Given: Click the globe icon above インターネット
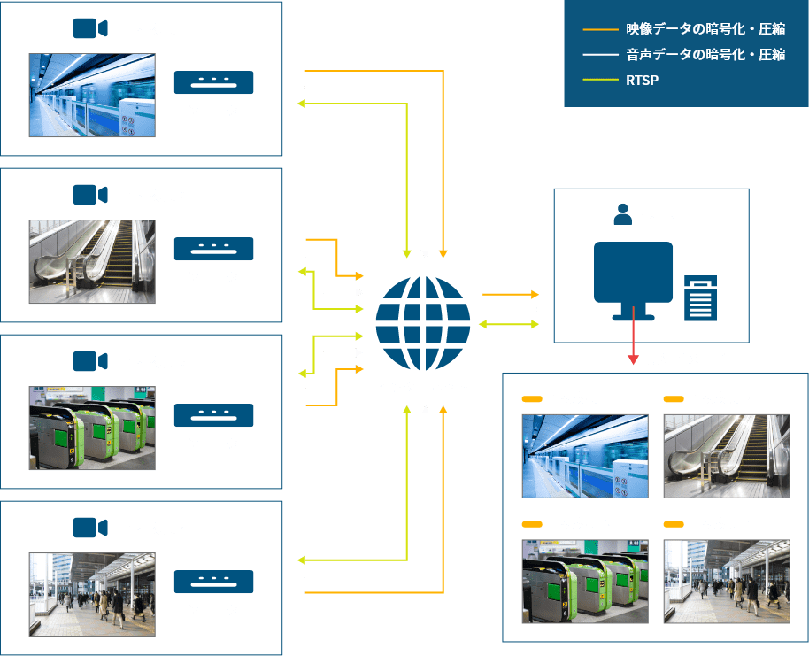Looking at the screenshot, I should click(422, 324).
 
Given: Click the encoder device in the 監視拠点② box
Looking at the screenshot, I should click(213, 249).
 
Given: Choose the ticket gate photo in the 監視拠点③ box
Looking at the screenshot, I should click(92, 428).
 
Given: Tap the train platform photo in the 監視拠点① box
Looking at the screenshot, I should click(92, 96).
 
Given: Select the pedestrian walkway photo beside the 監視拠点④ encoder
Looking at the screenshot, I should click(92, 594).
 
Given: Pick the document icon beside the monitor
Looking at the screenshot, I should click(700, 297).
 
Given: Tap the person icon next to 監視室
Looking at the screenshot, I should click(622, 215).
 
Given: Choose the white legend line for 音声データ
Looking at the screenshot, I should click(600, 55).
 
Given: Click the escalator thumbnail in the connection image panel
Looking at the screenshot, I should click(727, 456).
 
